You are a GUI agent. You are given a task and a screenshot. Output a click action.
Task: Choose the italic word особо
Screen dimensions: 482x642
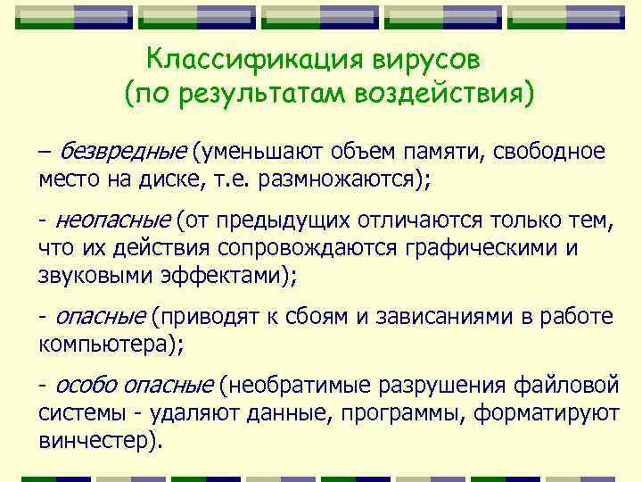pyautogui.click(x=87, y=386)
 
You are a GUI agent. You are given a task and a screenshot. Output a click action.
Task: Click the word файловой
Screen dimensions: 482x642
pyautogui.click(x=566, y=386)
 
